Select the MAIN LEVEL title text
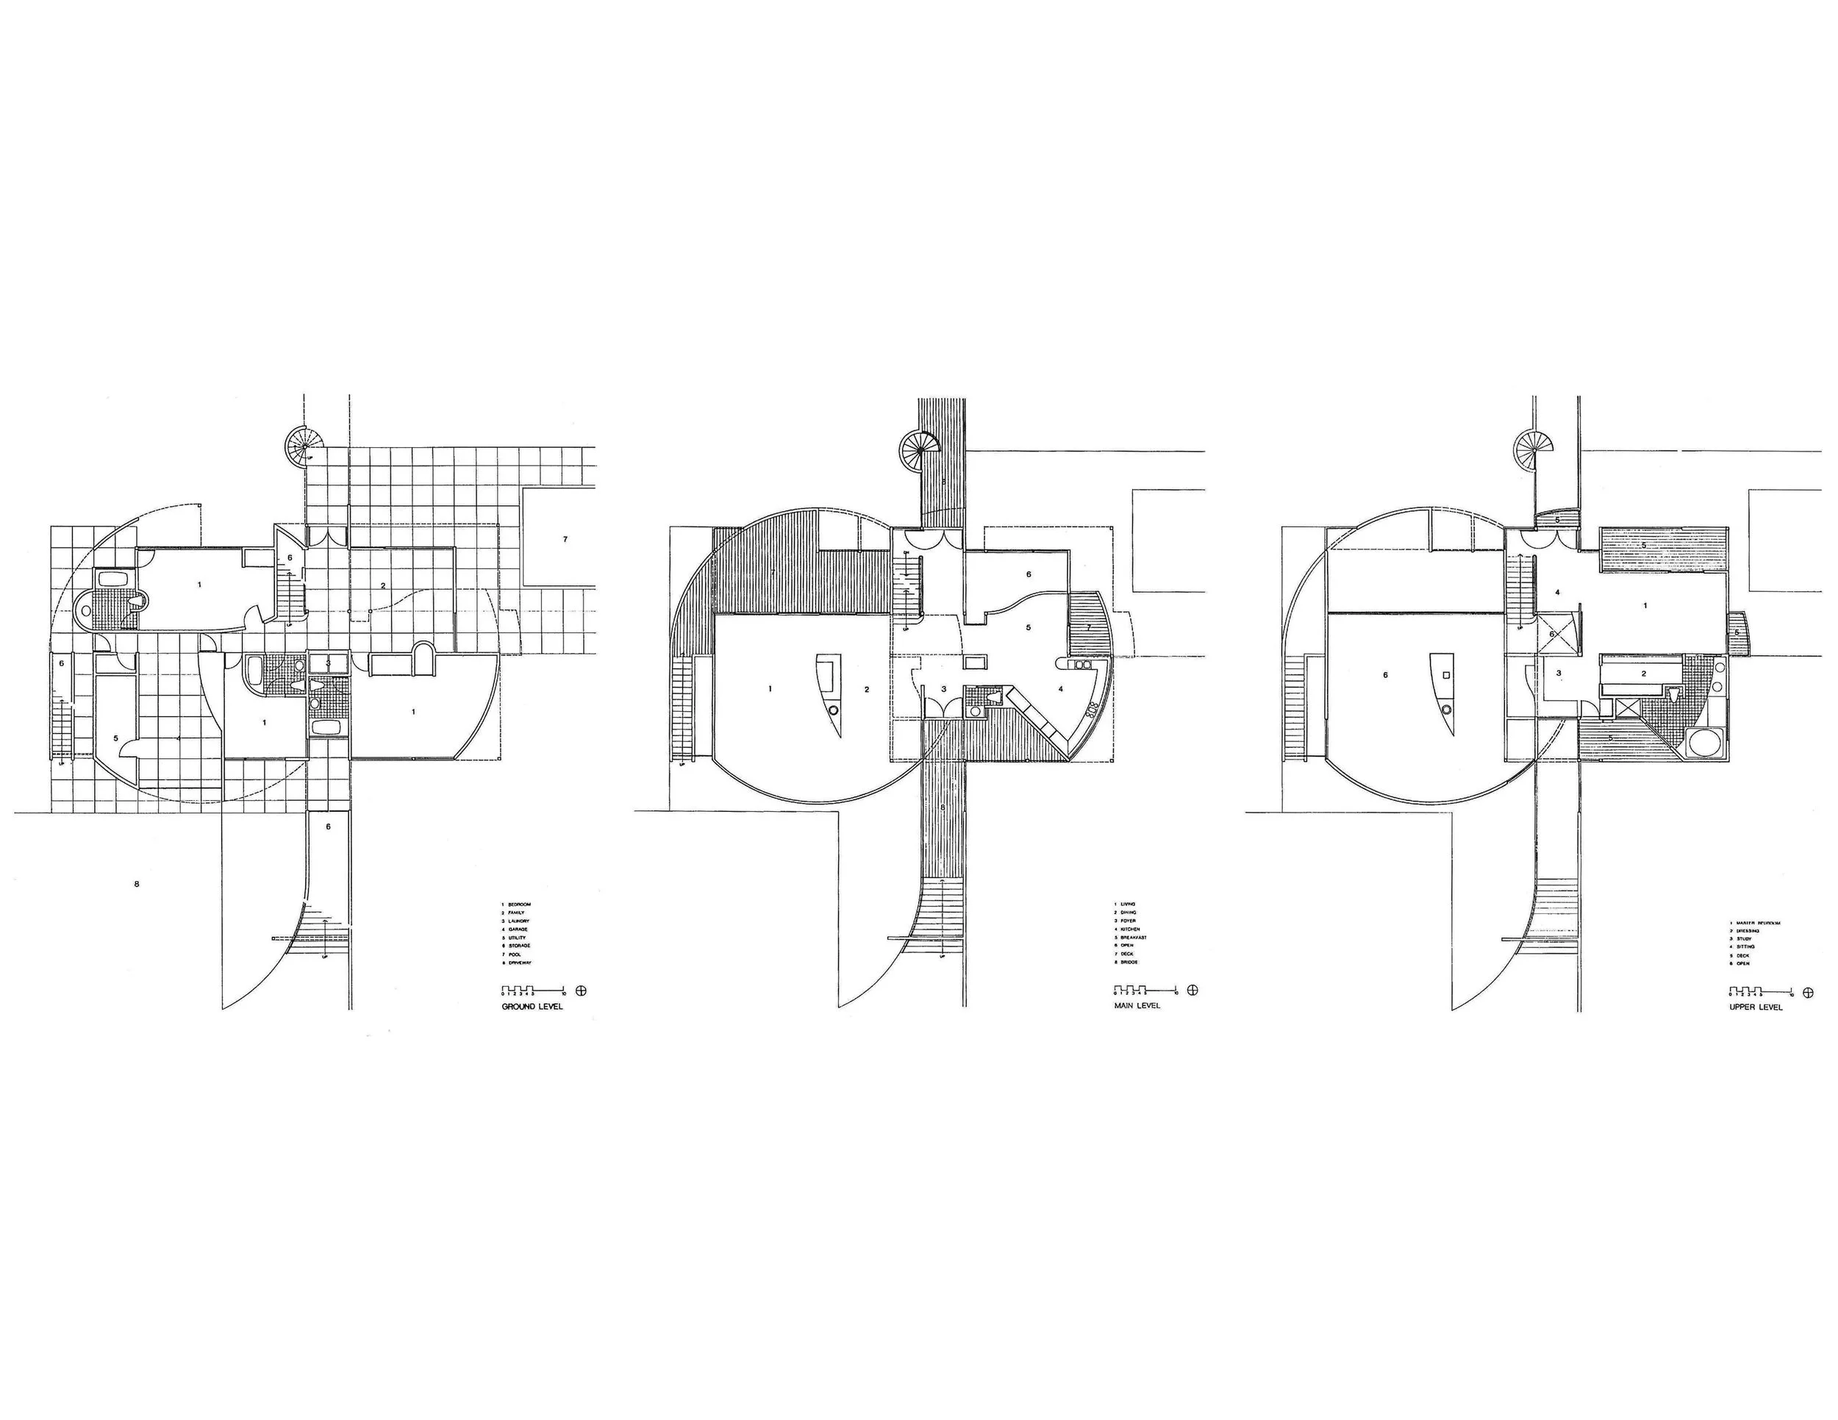tap(1137, 1006)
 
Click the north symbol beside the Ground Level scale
tap(580, 991)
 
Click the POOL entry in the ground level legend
tap(515, 955)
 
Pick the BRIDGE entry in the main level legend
tap(1129, 962)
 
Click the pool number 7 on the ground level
tap(565, 539)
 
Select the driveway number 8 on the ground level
tap(136, 885)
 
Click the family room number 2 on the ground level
tap(383, 585)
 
